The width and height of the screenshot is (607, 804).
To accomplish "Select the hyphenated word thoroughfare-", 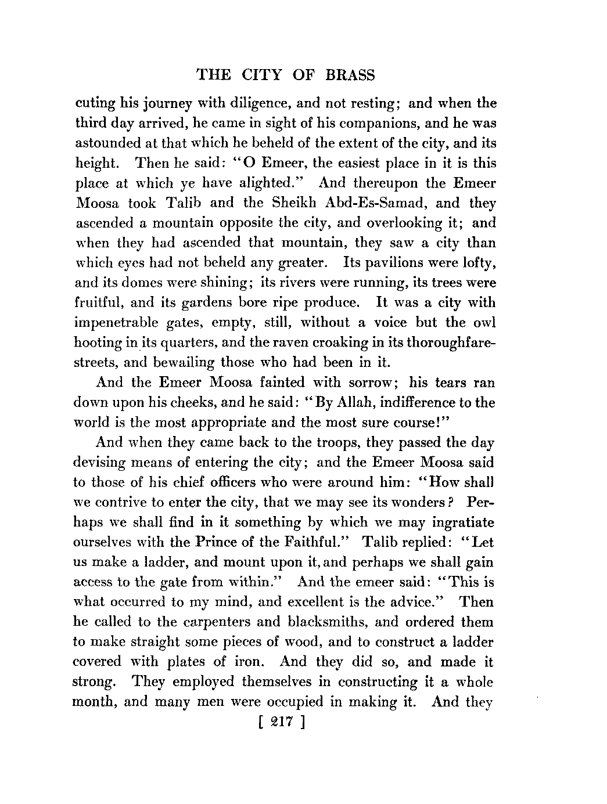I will pyautogui.click(x=441, y=342).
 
